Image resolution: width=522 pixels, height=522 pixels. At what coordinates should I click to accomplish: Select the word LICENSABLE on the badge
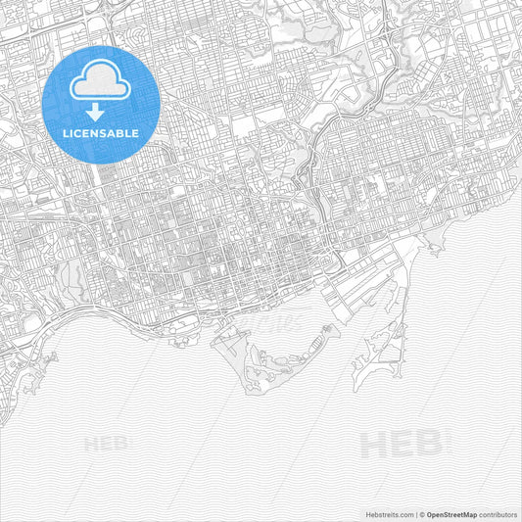coord(102,133)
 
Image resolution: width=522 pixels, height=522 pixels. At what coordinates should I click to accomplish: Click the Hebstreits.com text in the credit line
coord(388,513)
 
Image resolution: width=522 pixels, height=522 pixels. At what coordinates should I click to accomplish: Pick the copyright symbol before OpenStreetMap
coord(422,513)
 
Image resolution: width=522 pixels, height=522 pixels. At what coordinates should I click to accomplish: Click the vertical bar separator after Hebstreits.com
coord(415,513)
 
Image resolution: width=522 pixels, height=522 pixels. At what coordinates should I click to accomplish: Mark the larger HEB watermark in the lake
coord(401,445)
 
